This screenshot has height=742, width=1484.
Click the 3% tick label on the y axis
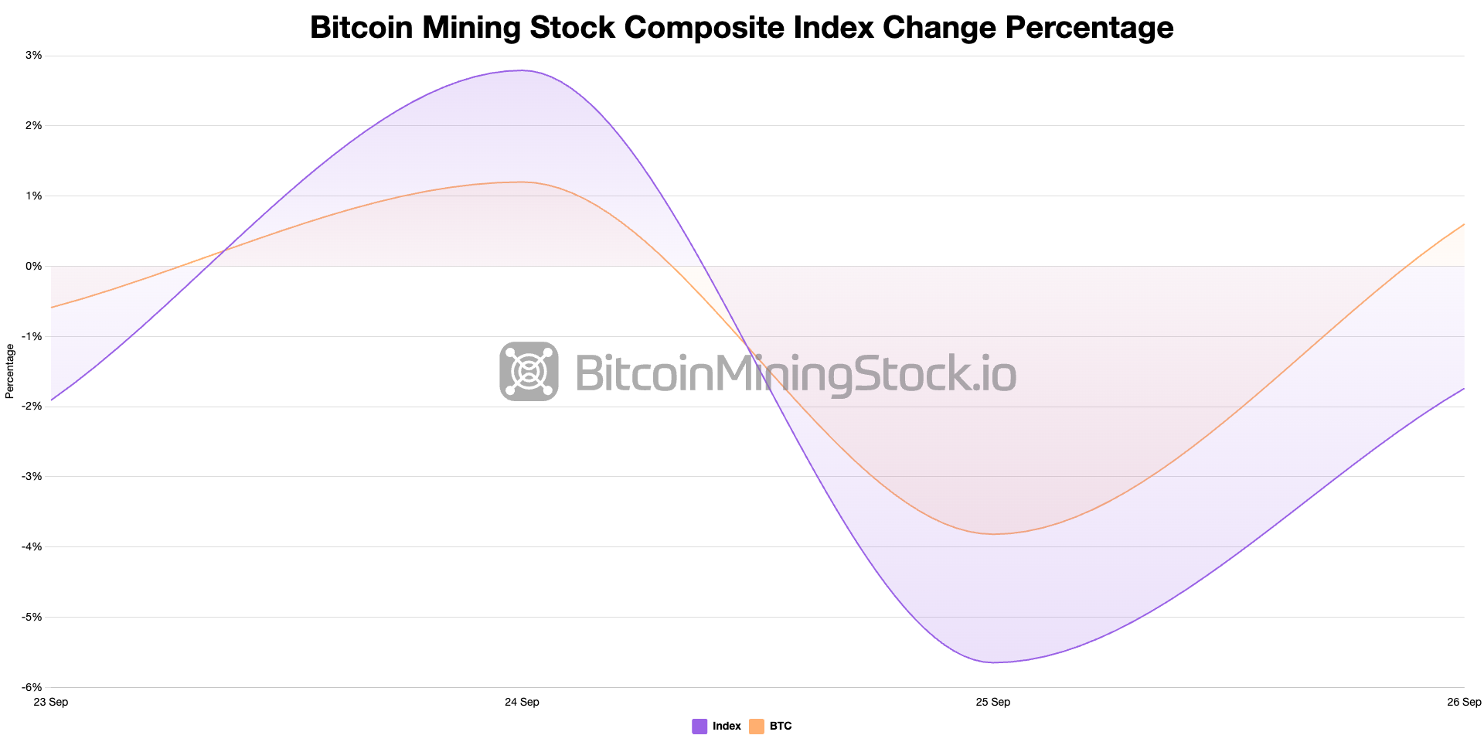[33, 56]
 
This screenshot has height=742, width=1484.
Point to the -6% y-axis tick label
[32, 687]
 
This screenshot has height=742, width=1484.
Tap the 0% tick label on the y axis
[33, 266]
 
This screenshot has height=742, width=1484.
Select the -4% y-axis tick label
[32, 546]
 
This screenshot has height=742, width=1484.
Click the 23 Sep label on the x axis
[51, 702]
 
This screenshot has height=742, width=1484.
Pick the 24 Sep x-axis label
[522, 702]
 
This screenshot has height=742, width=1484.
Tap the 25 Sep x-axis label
[992, 702]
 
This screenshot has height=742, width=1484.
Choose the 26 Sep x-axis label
[1464, 702]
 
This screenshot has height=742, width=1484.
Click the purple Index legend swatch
[699, 727]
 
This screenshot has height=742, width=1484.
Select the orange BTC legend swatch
[757, 727]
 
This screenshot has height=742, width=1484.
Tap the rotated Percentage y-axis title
[10, 371]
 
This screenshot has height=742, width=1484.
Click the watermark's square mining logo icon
[529, 371]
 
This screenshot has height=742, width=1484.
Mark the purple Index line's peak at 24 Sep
[522, 70]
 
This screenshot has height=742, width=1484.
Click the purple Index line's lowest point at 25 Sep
[993, 662]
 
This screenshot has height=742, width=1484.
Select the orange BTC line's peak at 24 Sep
[522, 182]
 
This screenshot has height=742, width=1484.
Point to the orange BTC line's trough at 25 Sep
[993, 534]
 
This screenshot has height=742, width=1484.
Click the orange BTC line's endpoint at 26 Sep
[1464, 224]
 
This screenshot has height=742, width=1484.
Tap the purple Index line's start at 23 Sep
[52, 400]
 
